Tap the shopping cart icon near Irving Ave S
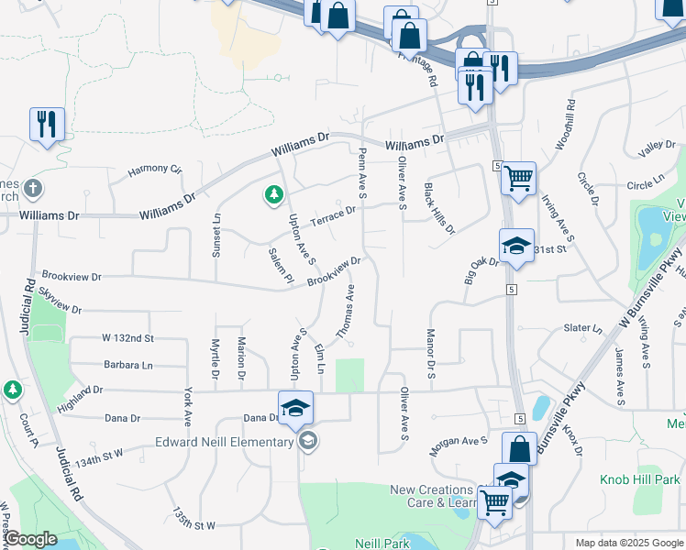(519, 177)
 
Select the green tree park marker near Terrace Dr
(273, 194)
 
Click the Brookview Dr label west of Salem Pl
(71, 276)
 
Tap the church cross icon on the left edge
(32, 189)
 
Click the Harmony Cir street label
(155, 170)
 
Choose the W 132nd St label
(127, 338)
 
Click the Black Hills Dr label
(438, 208)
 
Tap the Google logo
(30, 539)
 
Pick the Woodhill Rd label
(564, 124)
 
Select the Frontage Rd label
(418, 68)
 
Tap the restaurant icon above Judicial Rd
(46, 123)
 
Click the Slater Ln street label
(583, 328)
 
